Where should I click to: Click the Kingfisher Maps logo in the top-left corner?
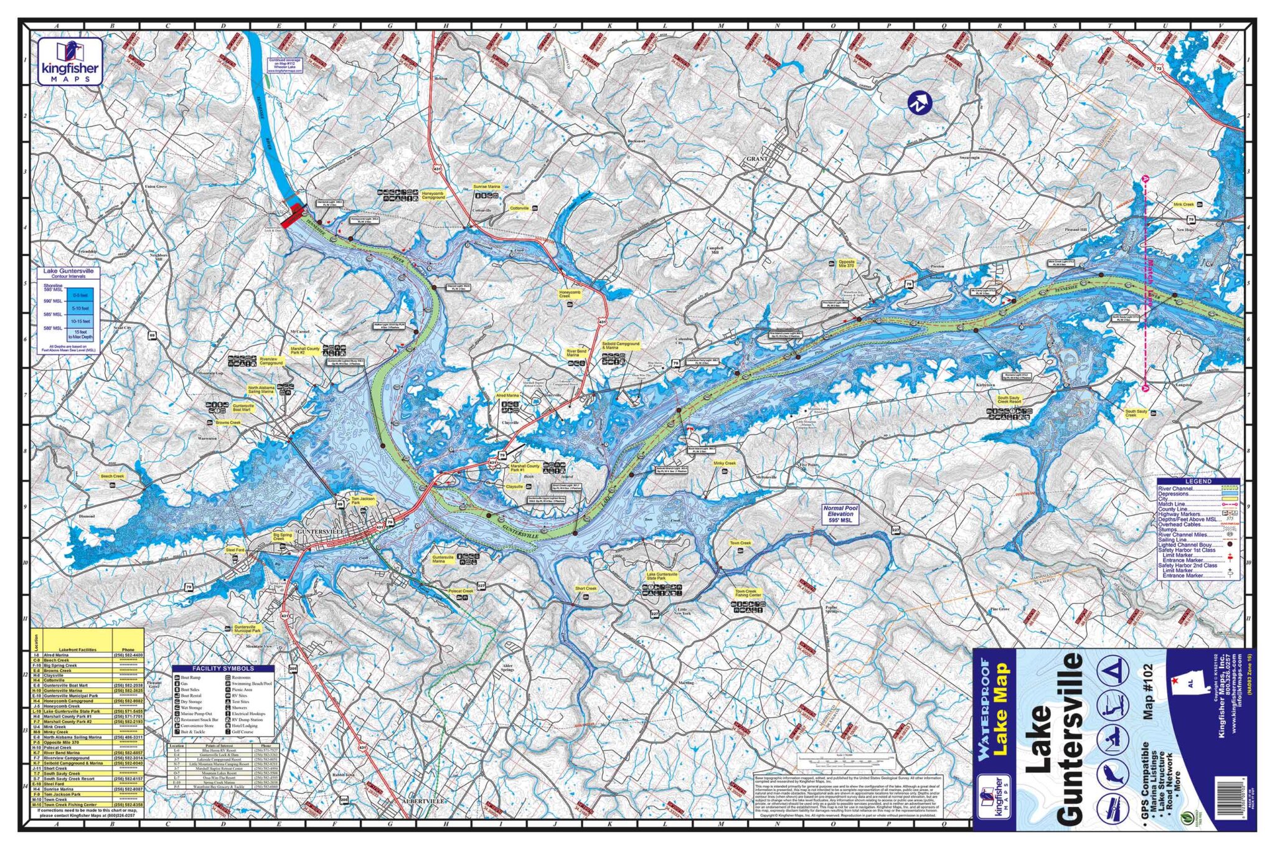click(x=69, y=62)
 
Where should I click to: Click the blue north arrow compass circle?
click(x=919, y=103)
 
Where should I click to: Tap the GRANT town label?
click(x=756, y=159)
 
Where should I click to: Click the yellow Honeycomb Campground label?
click(x=433, y=195)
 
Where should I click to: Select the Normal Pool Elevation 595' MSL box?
click(x=840, y=515)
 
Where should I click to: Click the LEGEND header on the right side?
click(x=1198, y=481)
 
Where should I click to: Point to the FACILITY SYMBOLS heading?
click(x=222, y=668)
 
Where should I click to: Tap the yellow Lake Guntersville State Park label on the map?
click(x=662, y=576)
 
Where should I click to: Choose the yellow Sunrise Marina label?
click(x=486, y=187)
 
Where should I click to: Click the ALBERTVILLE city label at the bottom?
click(x=424, y=801)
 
